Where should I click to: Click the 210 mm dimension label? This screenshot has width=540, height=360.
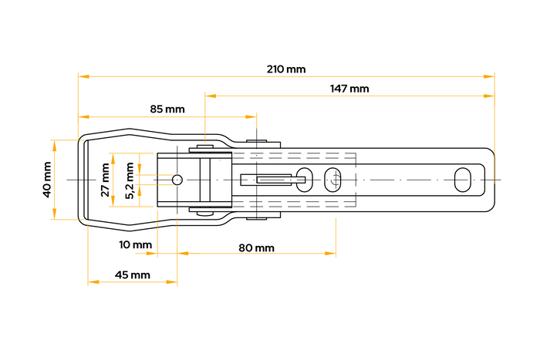click(x=286, y=69)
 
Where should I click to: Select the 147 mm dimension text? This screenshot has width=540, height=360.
click(x=349, y=89)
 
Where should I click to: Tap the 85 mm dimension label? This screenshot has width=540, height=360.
click(x=167, y=109)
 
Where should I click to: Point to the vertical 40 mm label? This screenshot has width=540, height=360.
click(x=46, y=180)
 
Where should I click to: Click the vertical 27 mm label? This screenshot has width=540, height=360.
click(x=106, y=180)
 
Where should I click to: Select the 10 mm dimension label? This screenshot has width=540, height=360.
click(x=136, y=245)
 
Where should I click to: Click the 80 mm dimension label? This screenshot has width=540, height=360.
click(x=256, y=247)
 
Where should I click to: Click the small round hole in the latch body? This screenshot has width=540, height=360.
click(x=177, y=180)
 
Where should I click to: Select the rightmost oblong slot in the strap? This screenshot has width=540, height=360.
click(x=463, y=180)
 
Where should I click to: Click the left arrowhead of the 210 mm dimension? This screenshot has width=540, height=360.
click(x=83, y=76)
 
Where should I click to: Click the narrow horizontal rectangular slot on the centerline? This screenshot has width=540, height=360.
click(x=274, y=180)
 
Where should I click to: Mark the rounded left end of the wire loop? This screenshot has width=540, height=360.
click(x=79, y=180)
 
